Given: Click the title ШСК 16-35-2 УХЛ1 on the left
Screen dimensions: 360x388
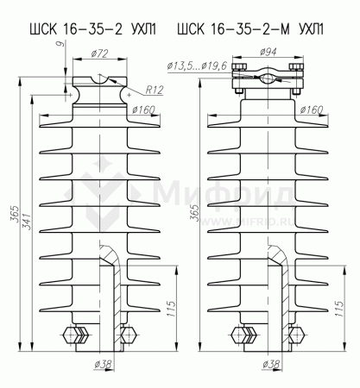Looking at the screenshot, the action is (93, 29).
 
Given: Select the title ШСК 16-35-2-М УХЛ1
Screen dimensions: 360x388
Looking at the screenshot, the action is (250, 29).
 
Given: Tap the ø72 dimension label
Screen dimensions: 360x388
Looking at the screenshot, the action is (99, 53).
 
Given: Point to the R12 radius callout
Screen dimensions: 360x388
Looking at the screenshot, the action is (155, 90).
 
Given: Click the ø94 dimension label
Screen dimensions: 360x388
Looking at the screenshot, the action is (268, 52).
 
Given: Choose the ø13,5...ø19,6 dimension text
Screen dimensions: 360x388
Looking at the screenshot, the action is (197, 66).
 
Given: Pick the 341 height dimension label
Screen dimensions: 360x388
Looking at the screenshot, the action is (26, 222).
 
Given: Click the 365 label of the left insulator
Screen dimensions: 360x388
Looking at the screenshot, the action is (15, 214).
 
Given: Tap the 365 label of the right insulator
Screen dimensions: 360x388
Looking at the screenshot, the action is (195, 213).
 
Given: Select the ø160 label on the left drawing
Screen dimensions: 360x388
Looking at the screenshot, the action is (143, 110).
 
